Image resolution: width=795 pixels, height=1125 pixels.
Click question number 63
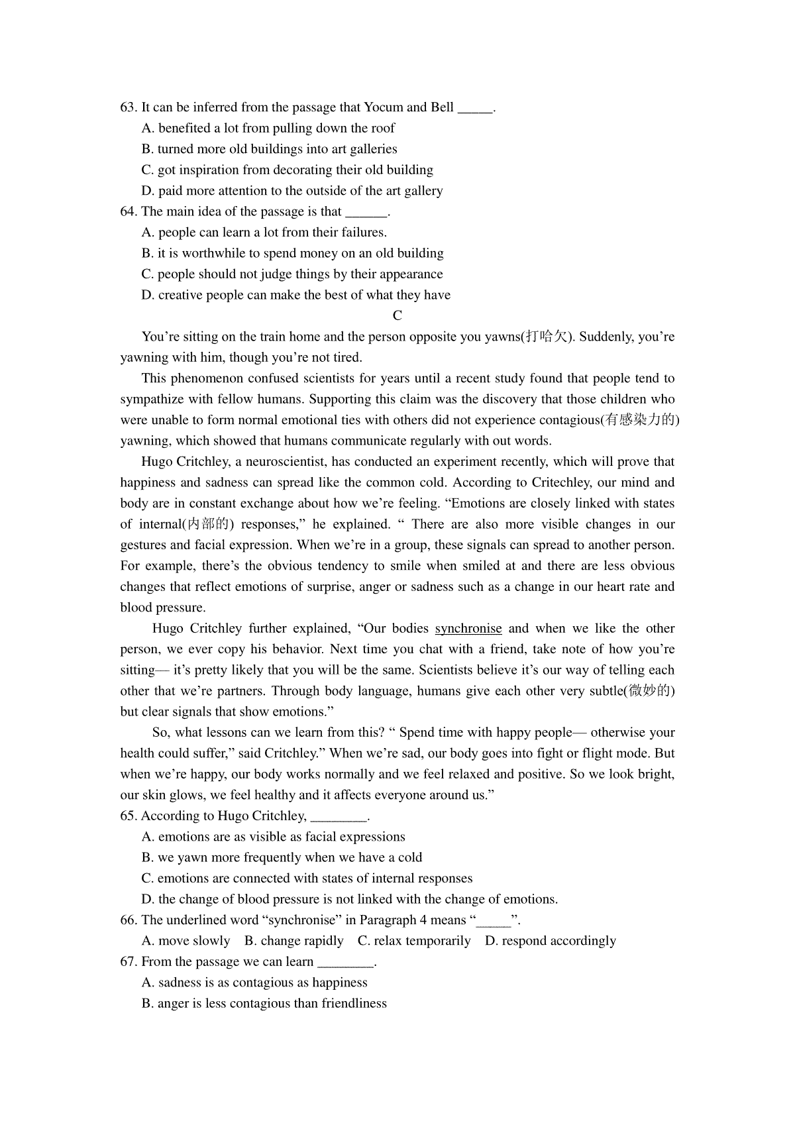[129, 107]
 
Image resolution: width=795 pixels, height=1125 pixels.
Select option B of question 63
[269, 149]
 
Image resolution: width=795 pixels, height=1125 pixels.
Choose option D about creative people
[295, 295]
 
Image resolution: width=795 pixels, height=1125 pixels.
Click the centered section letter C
[397, 315]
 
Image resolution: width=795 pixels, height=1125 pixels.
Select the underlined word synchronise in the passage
[468, 628]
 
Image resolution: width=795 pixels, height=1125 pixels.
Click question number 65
[129, 816]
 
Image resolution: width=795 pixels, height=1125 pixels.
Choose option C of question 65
[307, 879]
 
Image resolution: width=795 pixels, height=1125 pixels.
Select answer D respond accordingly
[551, 941]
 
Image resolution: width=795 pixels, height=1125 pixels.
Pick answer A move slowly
[185, 941]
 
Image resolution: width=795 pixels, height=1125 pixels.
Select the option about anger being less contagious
[264, 1003]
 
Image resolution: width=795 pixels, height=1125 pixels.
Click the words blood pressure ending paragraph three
[162, 608]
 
